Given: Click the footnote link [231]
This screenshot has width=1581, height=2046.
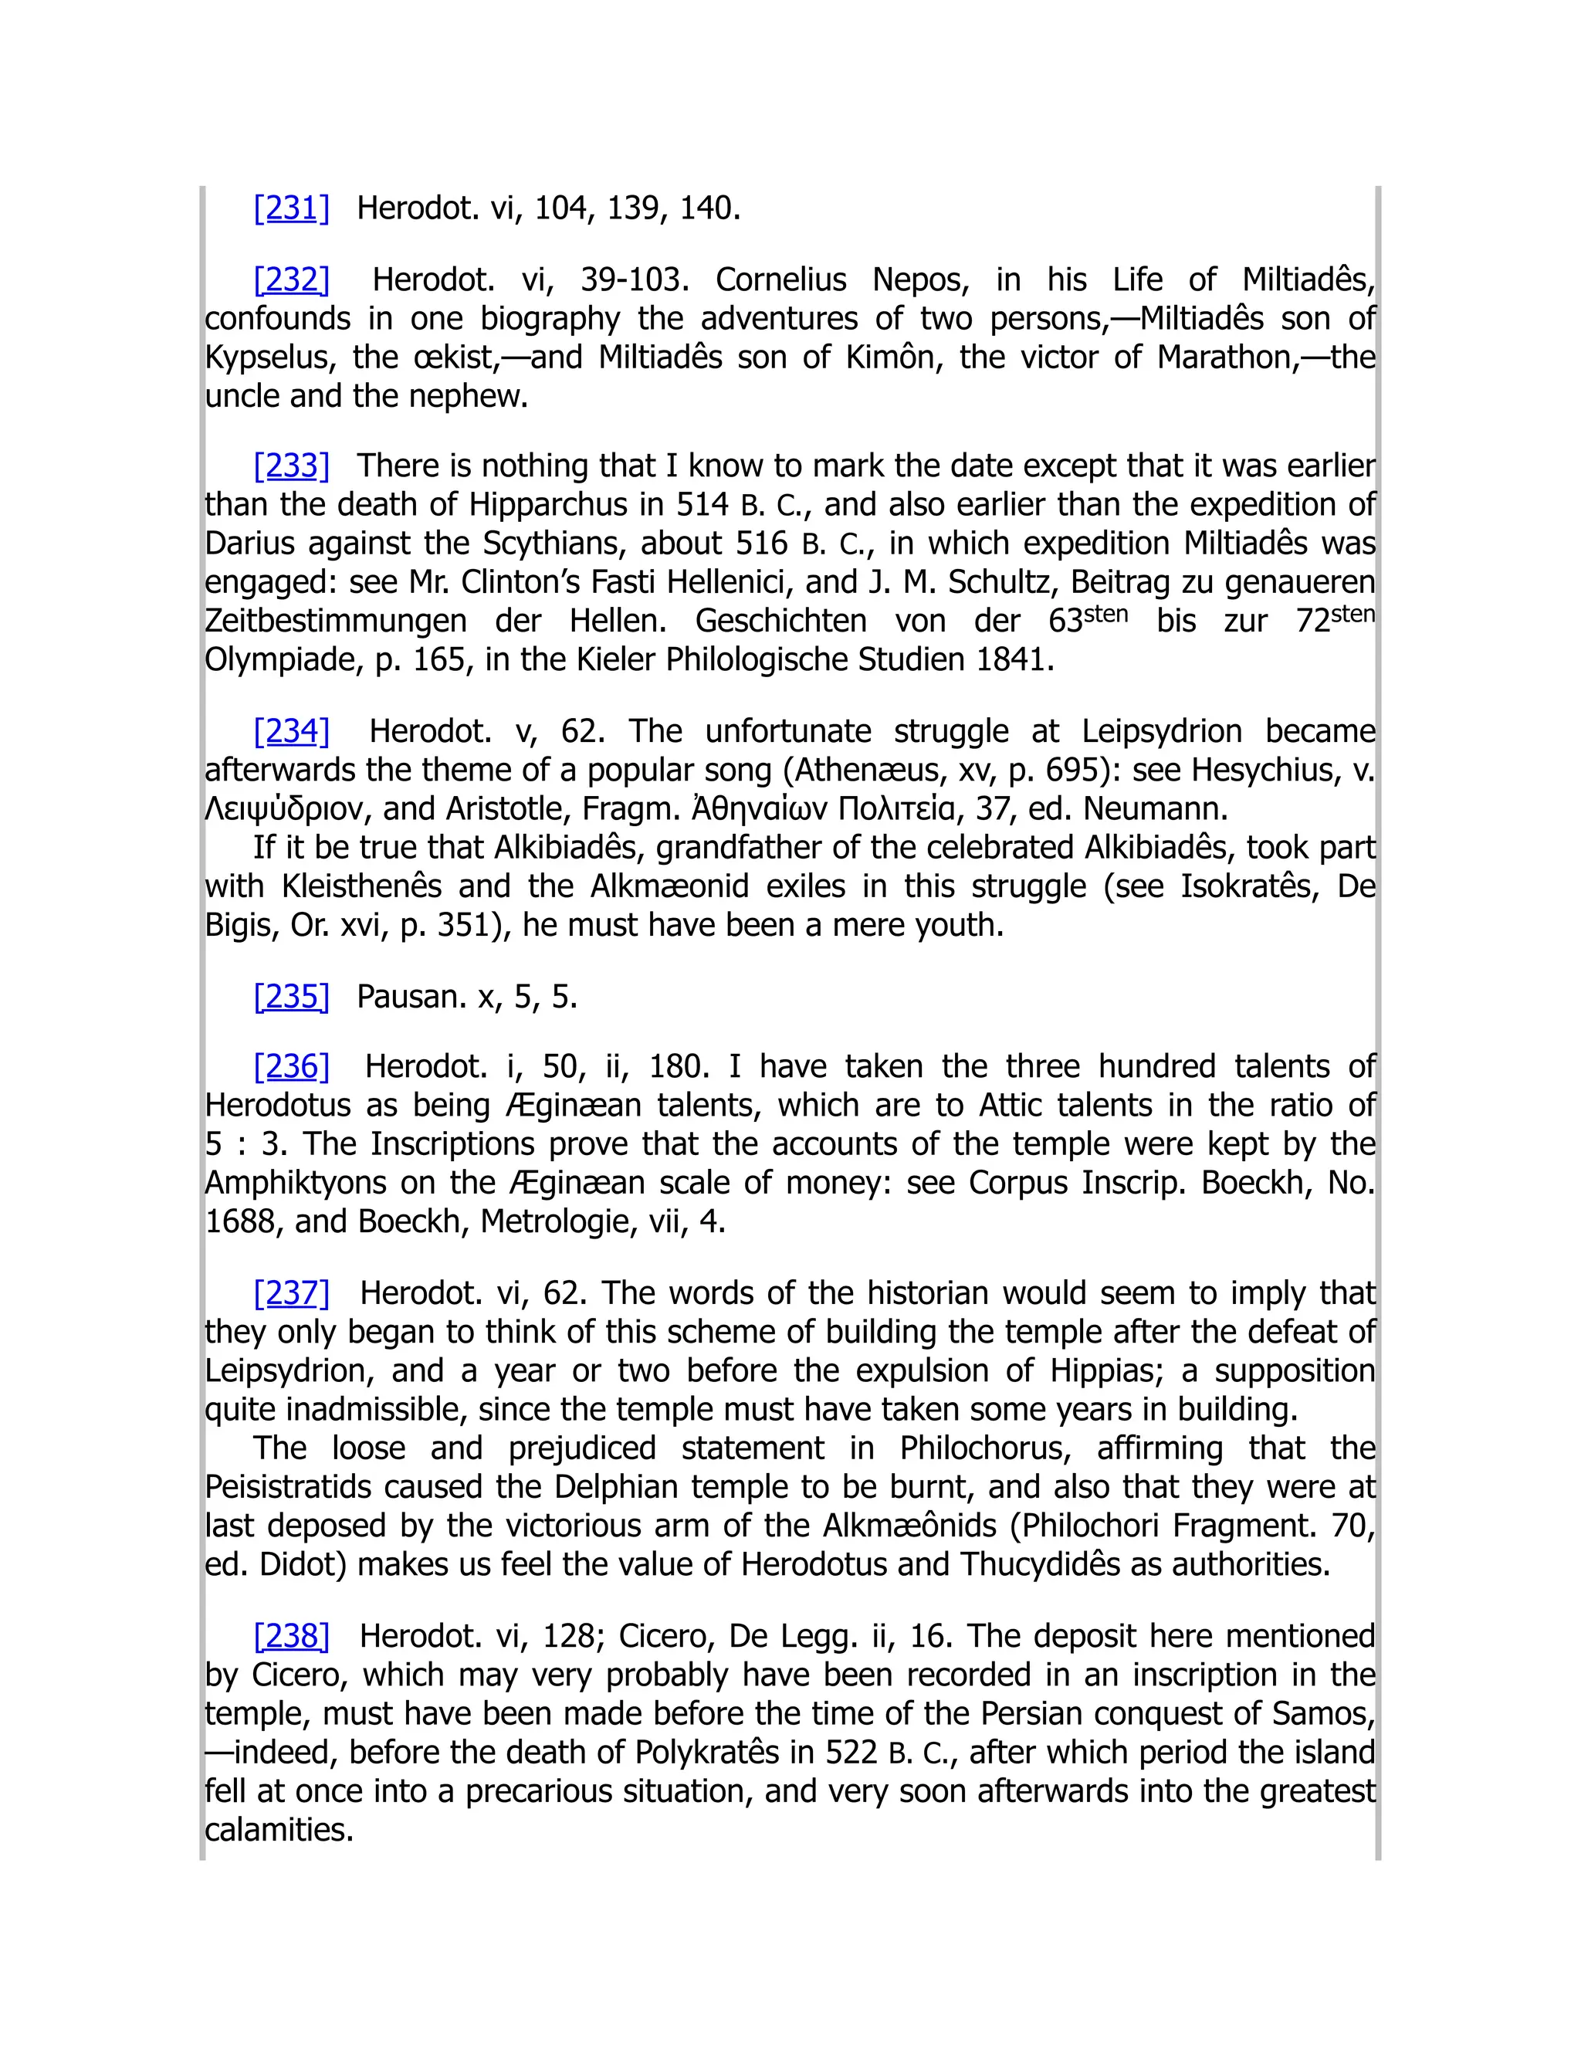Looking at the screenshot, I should click(x=291, y=208).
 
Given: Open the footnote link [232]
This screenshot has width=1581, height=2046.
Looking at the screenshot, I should click(x=291, y=279).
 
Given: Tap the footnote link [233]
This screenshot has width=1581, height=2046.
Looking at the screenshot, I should click(x=291, y=466).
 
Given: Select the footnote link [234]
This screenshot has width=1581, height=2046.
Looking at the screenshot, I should click(x=291, y=730).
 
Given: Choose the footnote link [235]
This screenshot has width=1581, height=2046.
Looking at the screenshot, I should click(x=291, y=996).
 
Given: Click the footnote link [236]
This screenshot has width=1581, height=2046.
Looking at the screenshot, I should click(x=291, y=1066).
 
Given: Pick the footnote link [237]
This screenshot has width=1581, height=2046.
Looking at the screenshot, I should click(x=291, y=1292).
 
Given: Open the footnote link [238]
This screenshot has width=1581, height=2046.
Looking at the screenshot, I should click(x=291, y=1636).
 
